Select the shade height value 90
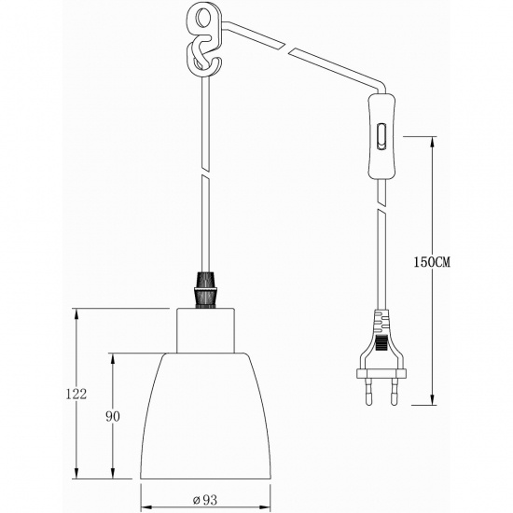[x=113, y=417]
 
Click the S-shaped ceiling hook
[x=199, y=56]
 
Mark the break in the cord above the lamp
[x=203, y=182]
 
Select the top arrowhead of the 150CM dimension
[x=432, y=142]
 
